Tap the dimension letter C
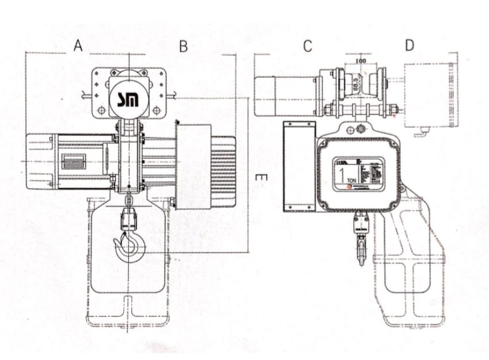point(308,47)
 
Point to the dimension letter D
point(409,46)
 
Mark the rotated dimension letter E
point(260,179)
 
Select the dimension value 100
point(361,60)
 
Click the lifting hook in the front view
point(130,247)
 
